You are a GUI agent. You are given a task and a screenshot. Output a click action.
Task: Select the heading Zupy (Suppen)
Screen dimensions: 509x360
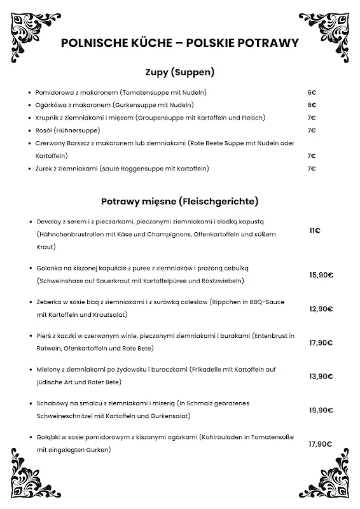point(179,72)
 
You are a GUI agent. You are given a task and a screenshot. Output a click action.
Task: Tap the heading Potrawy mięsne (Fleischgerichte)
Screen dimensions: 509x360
point(179,202)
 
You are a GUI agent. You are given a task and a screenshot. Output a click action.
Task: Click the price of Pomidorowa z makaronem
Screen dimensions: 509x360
point(312,92)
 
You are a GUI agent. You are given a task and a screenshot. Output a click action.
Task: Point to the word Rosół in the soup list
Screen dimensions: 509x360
point(44,130)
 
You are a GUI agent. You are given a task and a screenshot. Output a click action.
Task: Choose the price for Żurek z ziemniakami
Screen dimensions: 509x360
point(312,169)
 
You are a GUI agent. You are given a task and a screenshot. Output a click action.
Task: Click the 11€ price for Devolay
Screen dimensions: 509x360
point(314,230)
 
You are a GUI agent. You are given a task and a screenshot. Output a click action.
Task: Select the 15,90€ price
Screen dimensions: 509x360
point(321,275)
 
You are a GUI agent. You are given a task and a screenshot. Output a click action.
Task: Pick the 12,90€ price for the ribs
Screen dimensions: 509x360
point(321,309)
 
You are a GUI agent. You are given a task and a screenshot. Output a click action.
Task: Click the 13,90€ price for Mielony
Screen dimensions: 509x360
point(321,376)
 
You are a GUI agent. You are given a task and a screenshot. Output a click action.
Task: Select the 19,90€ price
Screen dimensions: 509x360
point(321,410)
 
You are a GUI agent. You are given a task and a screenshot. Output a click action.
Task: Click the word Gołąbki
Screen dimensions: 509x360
point(48,438)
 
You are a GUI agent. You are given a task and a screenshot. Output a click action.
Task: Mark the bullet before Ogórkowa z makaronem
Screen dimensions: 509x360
point(30,105)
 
